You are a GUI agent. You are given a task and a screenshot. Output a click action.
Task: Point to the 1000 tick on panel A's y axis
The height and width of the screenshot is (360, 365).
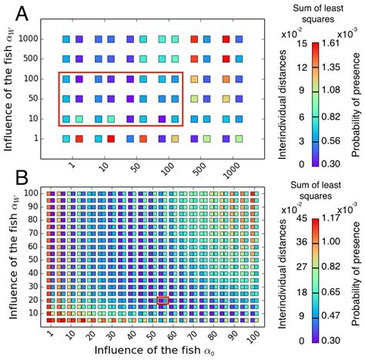(28, 38)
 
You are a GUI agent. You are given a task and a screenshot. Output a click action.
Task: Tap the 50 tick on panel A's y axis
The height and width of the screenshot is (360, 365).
(31, 99)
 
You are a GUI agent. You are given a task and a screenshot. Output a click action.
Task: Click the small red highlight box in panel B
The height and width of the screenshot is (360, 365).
(162, 301)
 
